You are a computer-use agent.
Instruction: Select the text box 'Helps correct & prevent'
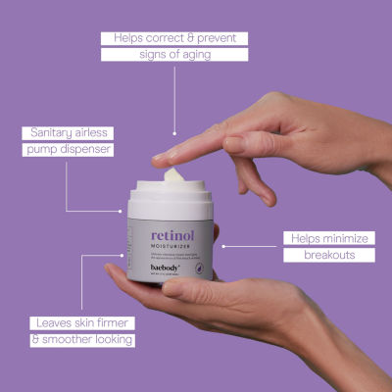tap(174, 38)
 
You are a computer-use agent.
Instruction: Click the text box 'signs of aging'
tap(174, 55)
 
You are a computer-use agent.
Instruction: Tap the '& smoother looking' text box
tap(81, 339)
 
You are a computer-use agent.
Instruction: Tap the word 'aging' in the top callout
tap(194, 55)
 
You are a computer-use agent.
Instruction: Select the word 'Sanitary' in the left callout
tap(47, 133)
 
